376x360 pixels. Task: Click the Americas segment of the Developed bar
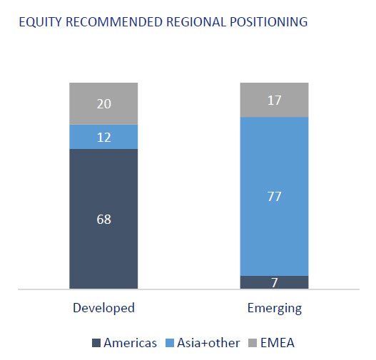point(103,219)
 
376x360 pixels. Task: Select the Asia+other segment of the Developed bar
point(103,137)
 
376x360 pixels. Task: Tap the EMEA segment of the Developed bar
point(103,103)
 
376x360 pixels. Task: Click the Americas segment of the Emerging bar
point(274,282)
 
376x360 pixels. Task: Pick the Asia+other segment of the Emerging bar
point(274,197)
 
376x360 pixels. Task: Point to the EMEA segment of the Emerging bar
point(274,100)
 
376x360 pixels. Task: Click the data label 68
point(104,219)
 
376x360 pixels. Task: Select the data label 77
point(274,197)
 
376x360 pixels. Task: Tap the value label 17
point(274,101)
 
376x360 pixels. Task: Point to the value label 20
point(104,104)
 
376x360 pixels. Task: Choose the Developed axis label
point(103,308)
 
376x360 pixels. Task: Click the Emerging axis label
point(275,308)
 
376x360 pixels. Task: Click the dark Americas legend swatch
point(96,343)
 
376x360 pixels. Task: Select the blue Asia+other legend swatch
point(170,343)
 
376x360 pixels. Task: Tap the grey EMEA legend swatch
point(253,343)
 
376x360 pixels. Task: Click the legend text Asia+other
point(208,343)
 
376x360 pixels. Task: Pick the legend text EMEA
point(278,343)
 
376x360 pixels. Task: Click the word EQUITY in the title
point(41,22)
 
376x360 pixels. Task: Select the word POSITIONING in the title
point(269,22)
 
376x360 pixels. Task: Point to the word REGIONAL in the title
point(196,22)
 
